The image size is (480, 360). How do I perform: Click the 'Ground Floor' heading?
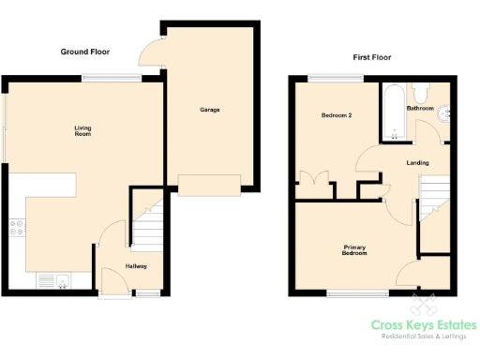[85, 51]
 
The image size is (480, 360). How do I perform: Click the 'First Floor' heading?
[371, 57]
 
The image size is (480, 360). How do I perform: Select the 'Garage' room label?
[209, 110]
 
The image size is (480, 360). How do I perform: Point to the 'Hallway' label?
[136, 266]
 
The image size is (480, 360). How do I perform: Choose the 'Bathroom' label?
[420, 108]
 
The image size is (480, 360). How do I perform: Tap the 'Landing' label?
[417, 162]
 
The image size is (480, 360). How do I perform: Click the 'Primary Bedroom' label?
[353, 249]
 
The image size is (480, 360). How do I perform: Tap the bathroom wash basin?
[448, 113]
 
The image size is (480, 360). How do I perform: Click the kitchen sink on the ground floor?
[51, 279]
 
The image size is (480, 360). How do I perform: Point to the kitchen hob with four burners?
[16, 226]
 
